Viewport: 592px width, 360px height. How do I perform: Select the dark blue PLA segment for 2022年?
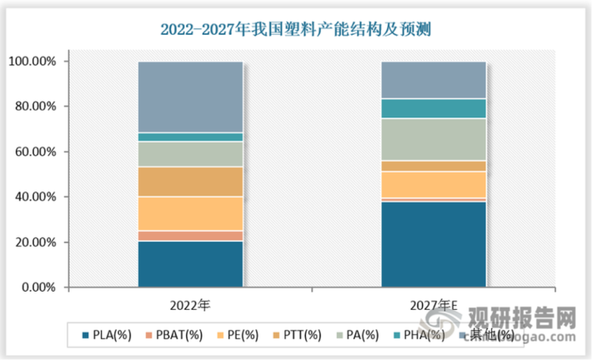190,264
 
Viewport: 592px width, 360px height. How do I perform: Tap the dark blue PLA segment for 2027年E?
434,244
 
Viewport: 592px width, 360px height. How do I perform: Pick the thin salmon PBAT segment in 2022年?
190,236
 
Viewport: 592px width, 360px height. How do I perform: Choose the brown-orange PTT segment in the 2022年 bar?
190,181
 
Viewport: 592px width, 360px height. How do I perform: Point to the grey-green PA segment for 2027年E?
434,139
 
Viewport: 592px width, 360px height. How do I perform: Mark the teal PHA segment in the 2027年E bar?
434,108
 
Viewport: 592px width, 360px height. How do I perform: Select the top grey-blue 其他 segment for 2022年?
190,97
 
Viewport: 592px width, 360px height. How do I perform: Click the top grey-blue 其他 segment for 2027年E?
434,80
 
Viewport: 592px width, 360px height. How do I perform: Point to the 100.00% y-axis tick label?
32,61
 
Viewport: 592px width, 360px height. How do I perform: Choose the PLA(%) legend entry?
106,335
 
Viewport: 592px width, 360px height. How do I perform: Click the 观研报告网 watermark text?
521,317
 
